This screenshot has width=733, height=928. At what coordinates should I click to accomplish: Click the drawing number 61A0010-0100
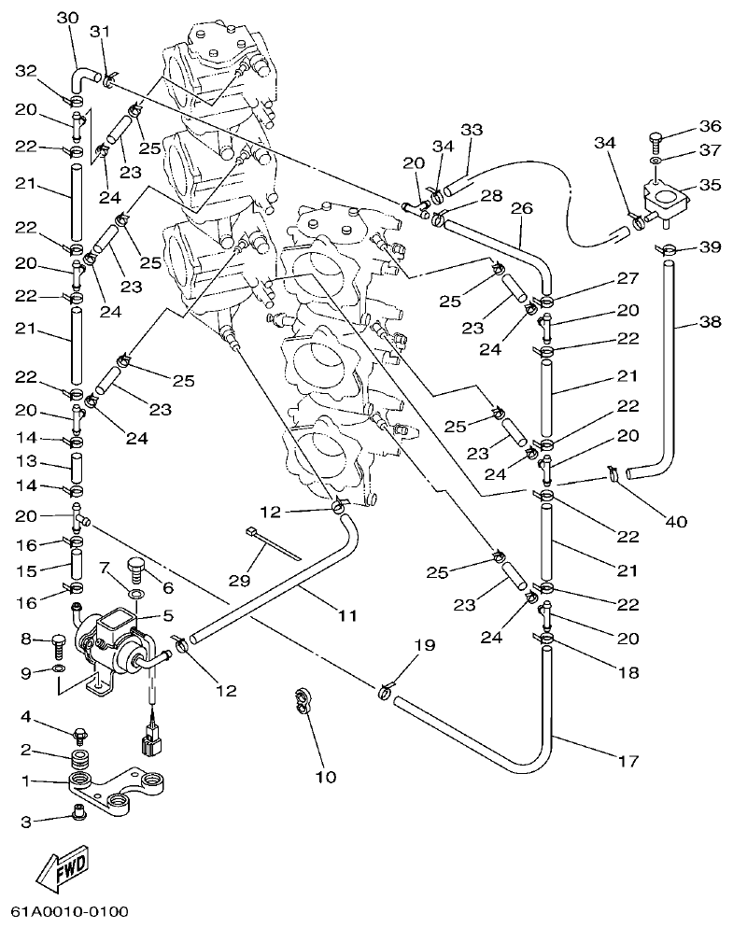[x=70, y=910]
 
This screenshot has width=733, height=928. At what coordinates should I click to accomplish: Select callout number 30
[x=67, y=18]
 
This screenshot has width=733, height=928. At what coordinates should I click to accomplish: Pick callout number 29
[x=240, y=580]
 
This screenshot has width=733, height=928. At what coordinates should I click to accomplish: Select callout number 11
[x=347, y=615]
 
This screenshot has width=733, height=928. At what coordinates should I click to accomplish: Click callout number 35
[x=711, y=185]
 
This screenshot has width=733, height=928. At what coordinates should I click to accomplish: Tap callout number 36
[x=711, y=127]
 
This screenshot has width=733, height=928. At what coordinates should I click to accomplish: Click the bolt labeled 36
[x=656, y=144]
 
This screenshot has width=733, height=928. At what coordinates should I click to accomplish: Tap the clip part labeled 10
[x=303, y=701]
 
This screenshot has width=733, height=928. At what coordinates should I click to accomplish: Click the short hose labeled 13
[x=78, y=463]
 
